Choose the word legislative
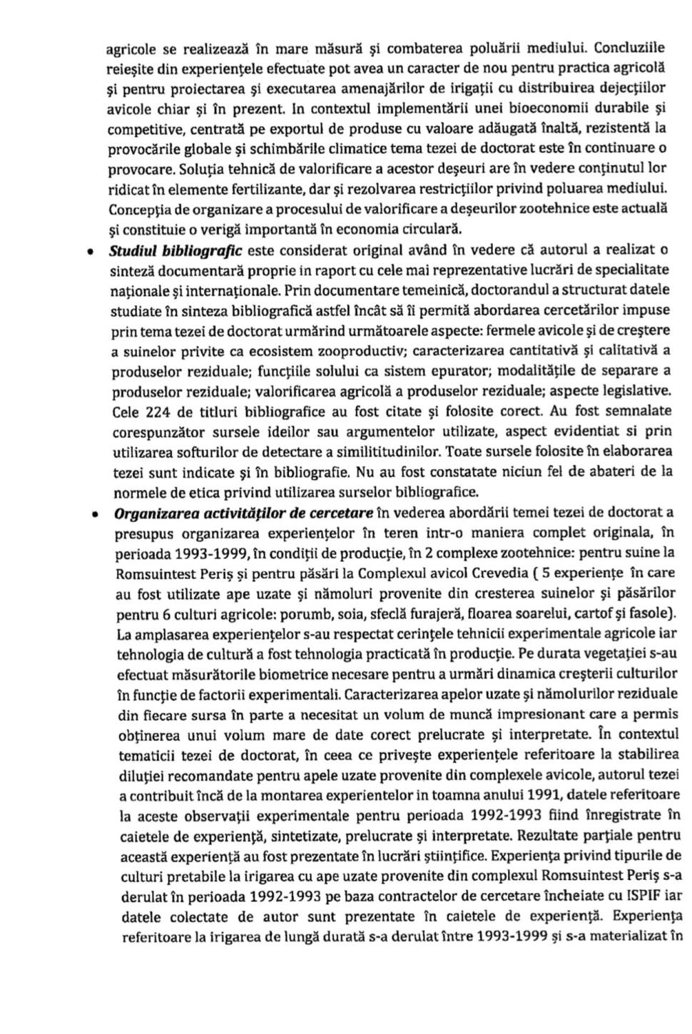tap(638, 391)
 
